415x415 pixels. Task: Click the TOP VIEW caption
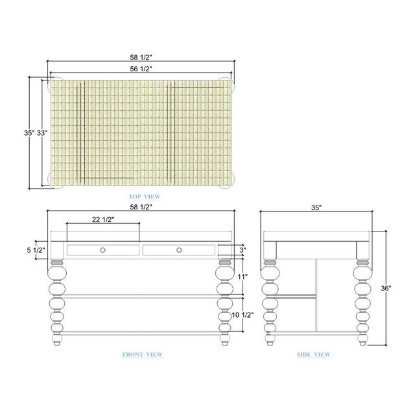pos(145,196)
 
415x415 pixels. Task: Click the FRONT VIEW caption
pos(143,355)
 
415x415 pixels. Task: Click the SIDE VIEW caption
pos(314,355)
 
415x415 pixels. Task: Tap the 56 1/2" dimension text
pos(141,69)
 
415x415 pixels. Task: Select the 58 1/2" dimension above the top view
pos(141,57)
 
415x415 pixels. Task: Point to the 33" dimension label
pos(41,133)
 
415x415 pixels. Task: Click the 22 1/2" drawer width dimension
pos(103,219)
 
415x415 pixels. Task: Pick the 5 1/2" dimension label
pos(36,250)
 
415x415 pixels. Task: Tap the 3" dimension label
pos(243,250)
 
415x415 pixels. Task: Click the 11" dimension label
pos(243,277)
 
